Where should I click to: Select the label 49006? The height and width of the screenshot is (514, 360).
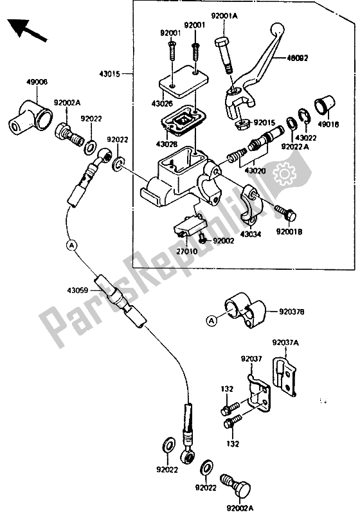(37, 82)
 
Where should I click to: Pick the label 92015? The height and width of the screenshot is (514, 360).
(264, 121)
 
